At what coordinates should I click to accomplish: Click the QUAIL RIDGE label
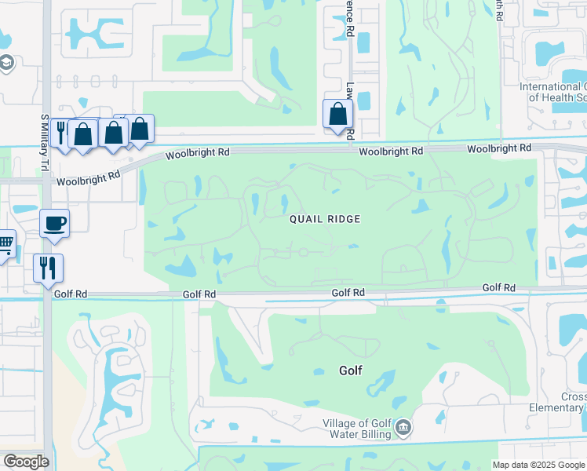324,219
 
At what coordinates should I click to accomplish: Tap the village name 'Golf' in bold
350,370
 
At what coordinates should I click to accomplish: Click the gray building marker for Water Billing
403,428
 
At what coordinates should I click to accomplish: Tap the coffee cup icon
54,223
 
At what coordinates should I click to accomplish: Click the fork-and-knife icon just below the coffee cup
48,268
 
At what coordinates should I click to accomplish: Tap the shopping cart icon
5,243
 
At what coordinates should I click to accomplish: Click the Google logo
26,462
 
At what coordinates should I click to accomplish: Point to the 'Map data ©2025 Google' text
538,465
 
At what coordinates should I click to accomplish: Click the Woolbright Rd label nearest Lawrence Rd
392,150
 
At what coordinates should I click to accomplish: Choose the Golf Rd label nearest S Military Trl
69,294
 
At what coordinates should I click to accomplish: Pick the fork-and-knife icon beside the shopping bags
60,130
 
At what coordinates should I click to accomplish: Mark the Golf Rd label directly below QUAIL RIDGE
348,292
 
